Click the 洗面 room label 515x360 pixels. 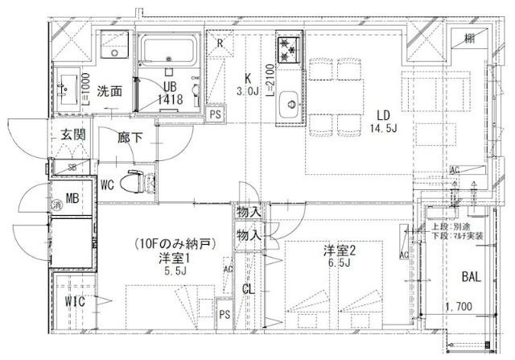110,91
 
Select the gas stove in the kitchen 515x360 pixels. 287,49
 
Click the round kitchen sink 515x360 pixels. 287,104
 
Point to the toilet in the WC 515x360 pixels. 138,183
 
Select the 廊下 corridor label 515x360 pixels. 130,138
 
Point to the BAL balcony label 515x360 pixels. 471,277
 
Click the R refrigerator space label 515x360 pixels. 220,45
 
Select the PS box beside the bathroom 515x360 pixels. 214,115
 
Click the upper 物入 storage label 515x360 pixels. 249,212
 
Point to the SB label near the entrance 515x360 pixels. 72,168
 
